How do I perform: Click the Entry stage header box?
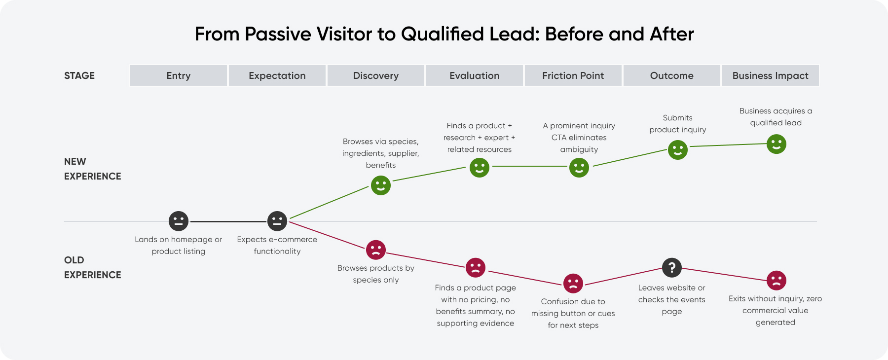pyautogui.click(x=178, y=75)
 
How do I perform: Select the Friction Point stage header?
pyautogui.click(x=573, y=75)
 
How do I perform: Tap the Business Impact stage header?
pyautogui.click(x=770, y=75)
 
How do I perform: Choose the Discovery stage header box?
pyautogui.click(x=375, y=75)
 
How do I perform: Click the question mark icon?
pyautogui.click(x=671, y=268)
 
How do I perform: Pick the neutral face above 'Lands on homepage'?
pyautogui.click(x=179, y=221)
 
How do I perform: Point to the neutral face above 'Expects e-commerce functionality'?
pyautogui.click(x=277, y=221)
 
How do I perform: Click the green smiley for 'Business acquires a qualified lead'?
pyautogui.click(x=776, y=144)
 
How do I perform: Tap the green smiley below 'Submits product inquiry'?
pyautogui.click(x=677, y=149)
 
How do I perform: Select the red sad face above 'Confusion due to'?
pyautogui.click(x=573, y=283)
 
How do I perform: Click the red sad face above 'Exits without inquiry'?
pyautogui.click(x=776, y=280)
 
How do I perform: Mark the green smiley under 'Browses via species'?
pyautogui.click(x=380, y=185)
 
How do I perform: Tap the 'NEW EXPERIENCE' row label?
pyautogui.click(x=92, y=169)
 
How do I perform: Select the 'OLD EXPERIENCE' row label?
pyautogui.click(x=92, y=267)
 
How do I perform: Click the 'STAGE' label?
pyautogui.click(x=79, y=75)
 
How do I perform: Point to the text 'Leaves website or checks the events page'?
pyautogui.click(x=671, y=299)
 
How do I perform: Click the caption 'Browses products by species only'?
pyautogui.click(x=375, y=274)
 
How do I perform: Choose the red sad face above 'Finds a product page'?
pyautogui.click(x=475, y=268)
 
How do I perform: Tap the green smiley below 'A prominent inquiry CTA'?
pyautogui.click(x=579, y=168)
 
